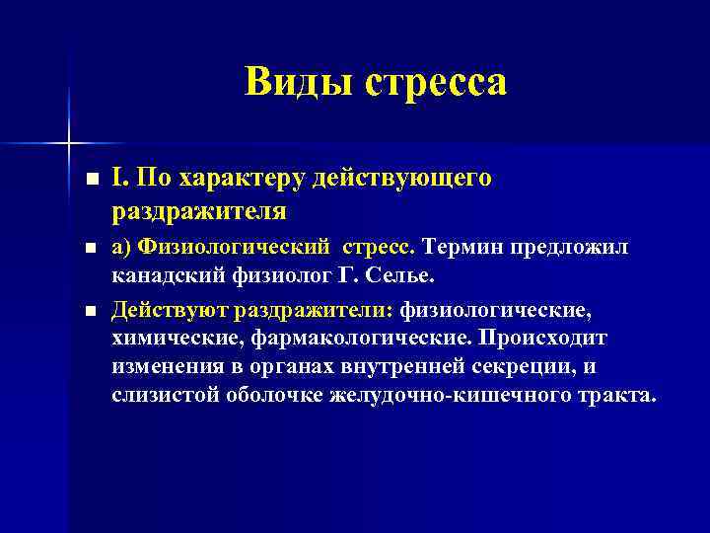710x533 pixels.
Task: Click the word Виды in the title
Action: click(x=298, y=82)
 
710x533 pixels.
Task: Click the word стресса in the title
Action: click(x=436, y=82)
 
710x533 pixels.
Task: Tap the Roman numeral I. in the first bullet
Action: click(x=118, y=179)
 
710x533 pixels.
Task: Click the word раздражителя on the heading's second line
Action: click(x=199, y=210)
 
